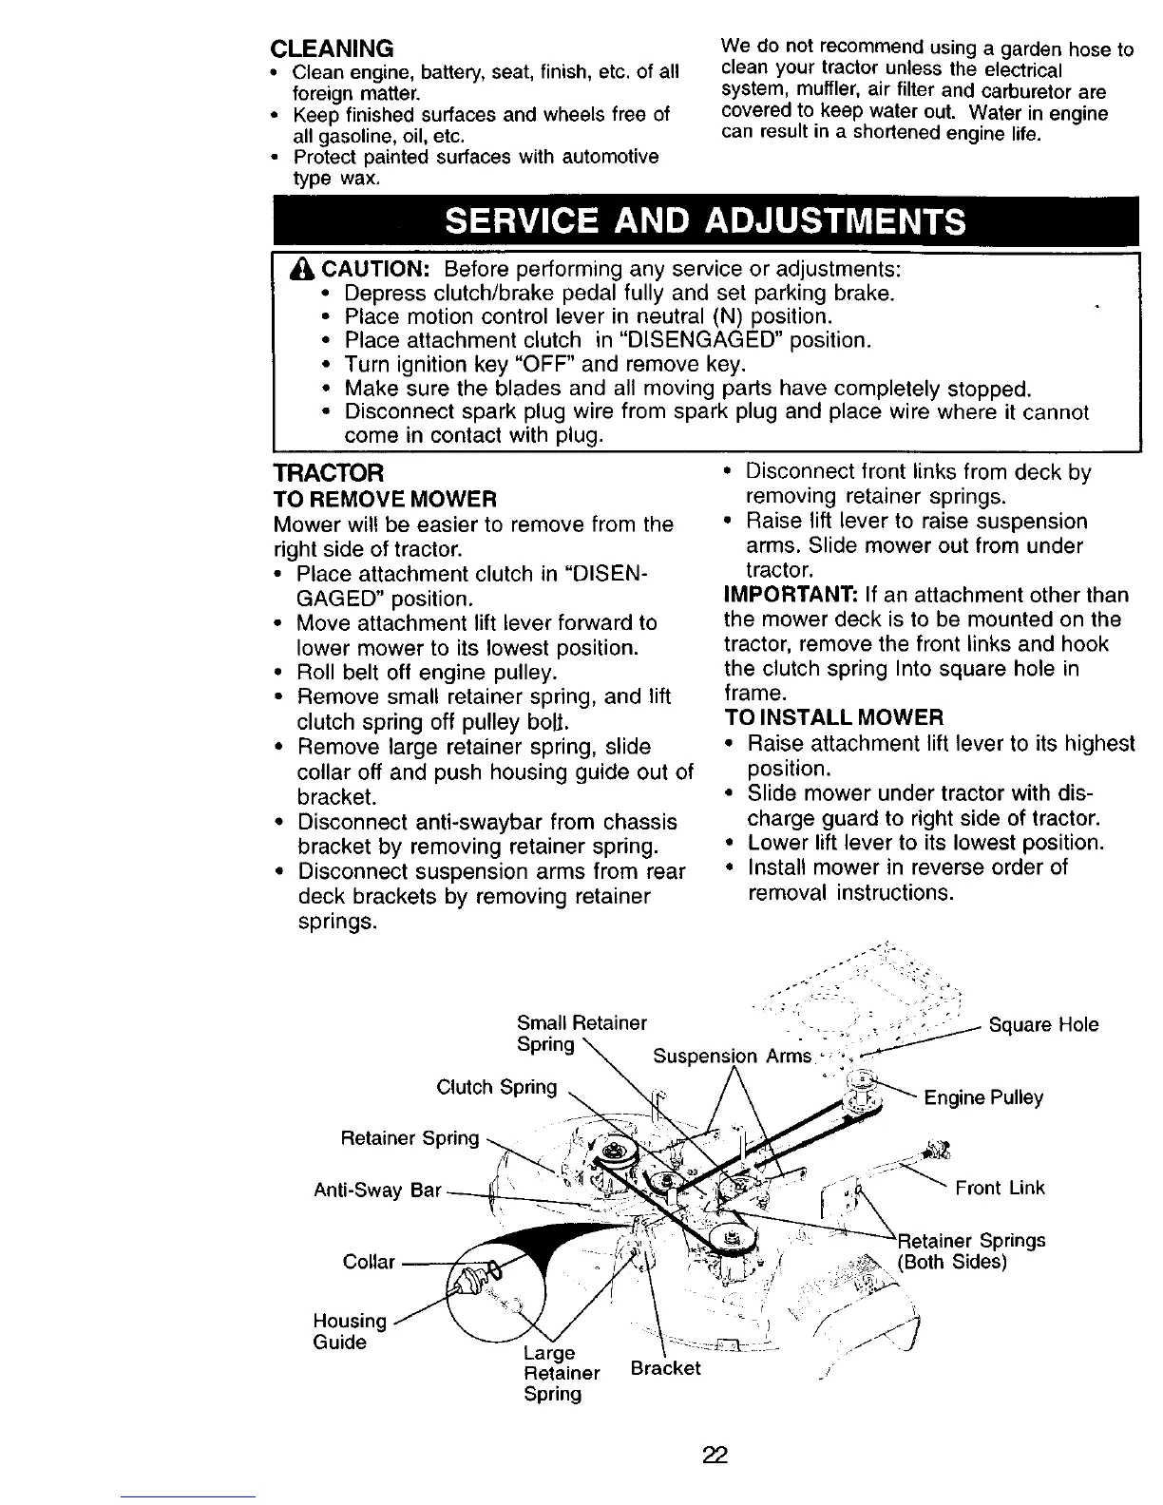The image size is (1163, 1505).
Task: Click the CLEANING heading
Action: pyautogui.click(x=332, y=48)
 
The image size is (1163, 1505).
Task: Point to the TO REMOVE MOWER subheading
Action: pyautogui.click(x=384, y=498)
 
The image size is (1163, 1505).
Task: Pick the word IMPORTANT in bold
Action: pyautogui.click(x=782, y=596)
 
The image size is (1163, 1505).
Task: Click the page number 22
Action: pyautogui.click(x=715, y=1455)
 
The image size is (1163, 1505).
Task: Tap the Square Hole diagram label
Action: pyautogui.click(x=1043, y=1024)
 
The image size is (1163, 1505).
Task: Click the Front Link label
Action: pyautogui.click(x=1000, y=1188)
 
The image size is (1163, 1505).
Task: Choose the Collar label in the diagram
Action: pyautogui.click(x=368, y=1262)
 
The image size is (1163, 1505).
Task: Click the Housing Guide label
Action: pyautogui.click(x=349, y=1331)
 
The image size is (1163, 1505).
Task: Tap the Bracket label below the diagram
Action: pyautogui.click(x=665, y=1368)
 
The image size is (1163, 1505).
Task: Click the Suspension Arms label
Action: pyautogui.click(x=733, y=1057)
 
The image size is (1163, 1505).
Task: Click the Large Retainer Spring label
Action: pyautogui.click(x=562, y=1373)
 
